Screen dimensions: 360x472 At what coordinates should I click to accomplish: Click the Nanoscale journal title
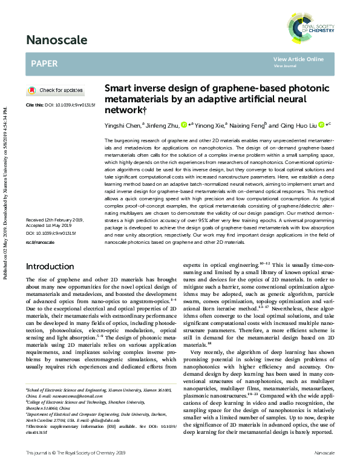pos(56,41)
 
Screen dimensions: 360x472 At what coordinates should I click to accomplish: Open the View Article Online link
pos(298,59)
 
